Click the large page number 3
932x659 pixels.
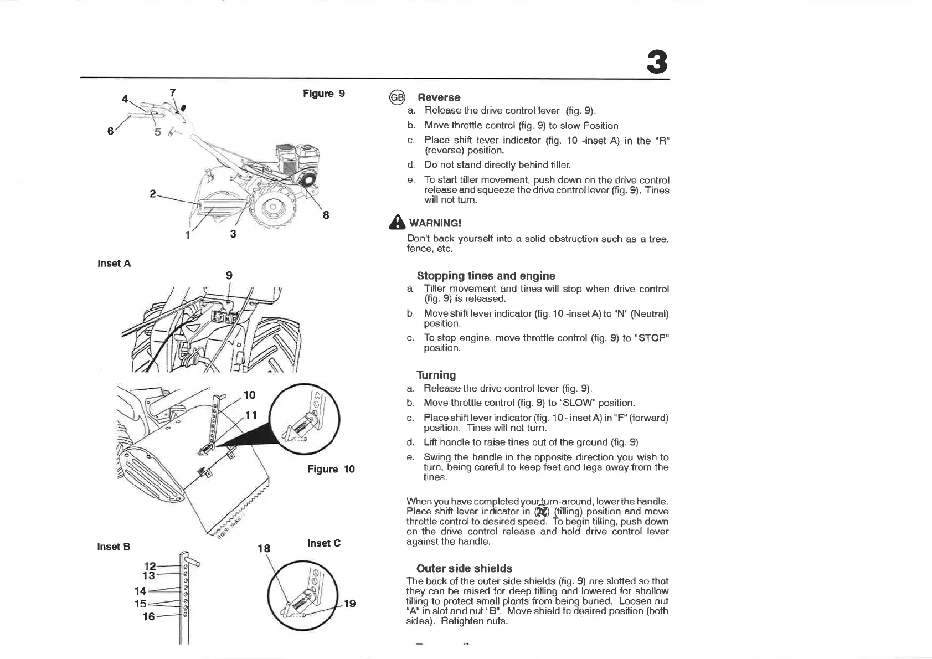tap(657, 63)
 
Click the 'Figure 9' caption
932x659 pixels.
tap(323, 94)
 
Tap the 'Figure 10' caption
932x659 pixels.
tap(331, 469)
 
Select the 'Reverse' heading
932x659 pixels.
tap(439, 97)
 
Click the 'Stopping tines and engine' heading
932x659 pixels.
tap(486, 276)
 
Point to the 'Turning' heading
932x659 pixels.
tap(436, 375)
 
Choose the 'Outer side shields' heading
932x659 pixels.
tap(464, 568)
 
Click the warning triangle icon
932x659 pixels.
tap(397, 223)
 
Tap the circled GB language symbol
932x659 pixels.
tap(397, 97)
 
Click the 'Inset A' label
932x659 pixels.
tap(114, 264)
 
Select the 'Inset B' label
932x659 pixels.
tap(114, 547)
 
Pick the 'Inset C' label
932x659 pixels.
tap(324, 543)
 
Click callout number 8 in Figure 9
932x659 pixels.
tap(326, 215)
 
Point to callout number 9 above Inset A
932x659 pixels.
tap(229, 275)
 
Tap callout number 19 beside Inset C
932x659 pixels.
tap(349, 604)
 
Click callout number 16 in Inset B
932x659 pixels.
tap(149, 616)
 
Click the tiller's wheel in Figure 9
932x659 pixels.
tap(273, 209)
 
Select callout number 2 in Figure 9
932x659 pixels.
tap(153, 194)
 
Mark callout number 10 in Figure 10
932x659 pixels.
tap(249, 395)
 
